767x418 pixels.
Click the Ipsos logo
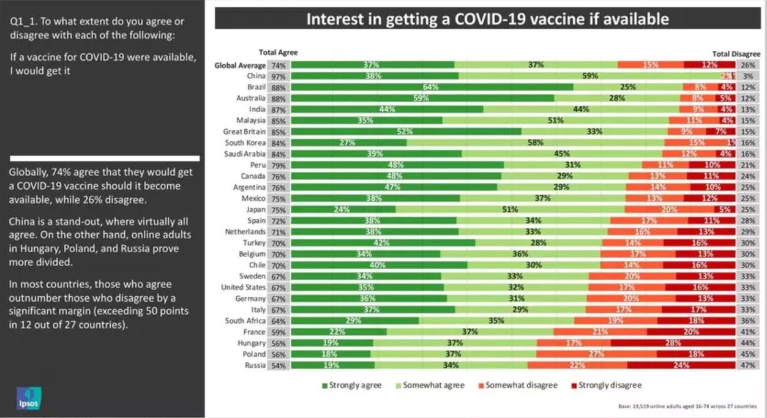(28, 398)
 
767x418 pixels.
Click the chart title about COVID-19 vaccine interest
(487, 19)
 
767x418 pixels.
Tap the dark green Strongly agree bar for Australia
(422, 98)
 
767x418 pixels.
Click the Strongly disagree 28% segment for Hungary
(673, 343)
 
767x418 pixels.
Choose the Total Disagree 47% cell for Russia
(748, 365)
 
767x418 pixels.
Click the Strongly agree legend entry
(351, 386)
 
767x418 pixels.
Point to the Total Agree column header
(279, 53)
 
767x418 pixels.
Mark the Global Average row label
(240, 65)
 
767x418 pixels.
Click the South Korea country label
(245, 143)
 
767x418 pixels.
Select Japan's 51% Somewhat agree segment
(510, 209)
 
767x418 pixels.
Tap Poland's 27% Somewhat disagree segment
(596, 354)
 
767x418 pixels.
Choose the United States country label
(243, 288)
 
